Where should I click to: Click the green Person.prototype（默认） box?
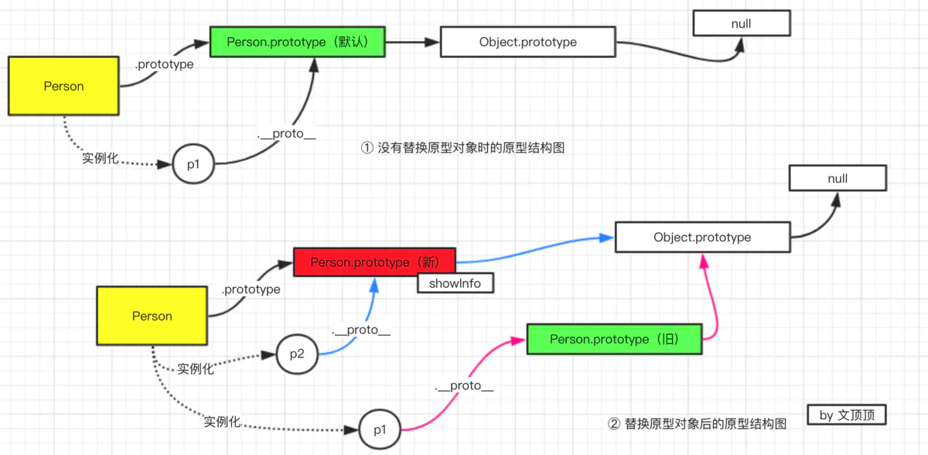click(298, 42)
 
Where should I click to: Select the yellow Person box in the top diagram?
click(63, 86)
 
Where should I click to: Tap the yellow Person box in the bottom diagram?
click(152, 316)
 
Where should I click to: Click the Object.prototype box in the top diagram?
click(527, 42)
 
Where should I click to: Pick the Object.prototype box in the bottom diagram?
click(702, 237)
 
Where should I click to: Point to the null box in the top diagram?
click(741, 23)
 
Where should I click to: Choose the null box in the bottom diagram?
click(838, 179)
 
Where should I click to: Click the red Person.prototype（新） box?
click(375, 262)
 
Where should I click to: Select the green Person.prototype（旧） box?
click(615, 339)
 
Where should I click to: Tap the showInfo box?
click(455, 283)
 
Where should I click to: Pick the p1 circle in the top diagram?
click(192, 164)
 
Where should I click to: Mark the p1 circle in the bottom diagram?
click(380, 428)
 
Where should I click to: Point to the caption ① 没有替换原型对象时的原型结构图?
click(463, 147)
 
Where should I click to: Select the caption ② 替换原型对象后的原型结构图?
click(698, 424)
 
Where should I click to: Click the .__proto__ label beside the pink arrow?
click(464, 385)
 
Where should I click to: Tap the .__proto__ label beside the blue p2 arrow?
click(361, 330)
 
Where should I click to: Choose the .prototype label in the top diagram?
click(164, 64)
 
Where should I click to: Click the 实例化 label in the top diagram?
click(101, 159)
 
